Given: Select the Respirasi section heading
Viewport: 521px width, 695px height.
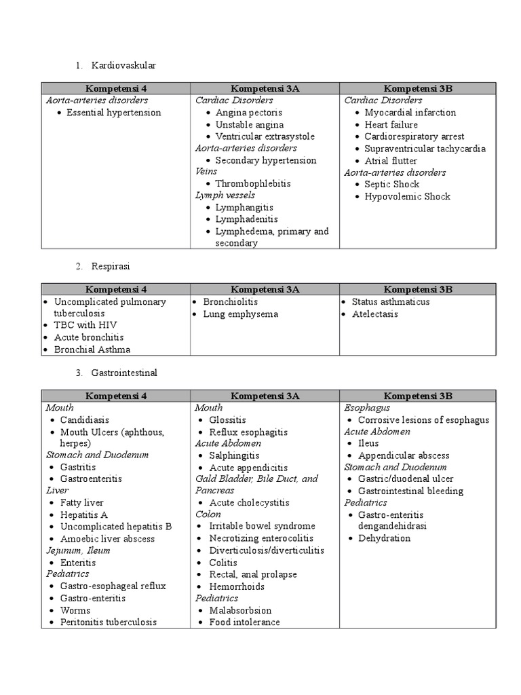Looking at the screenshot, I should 109,266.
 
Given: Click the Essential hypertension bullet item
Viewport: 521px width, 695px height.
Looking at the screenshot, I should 113,113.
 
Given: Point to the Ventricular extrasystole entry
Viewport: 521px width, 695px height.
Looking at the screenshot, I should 265,136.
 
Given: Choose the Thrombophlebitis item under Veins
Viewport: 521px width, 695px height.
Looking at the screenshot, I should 252,184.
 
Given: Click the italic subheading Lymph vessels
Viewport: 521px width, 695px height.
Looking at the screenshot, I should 225,195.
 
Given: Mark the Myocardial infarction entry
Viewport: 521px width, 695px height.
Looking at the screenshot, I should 410,113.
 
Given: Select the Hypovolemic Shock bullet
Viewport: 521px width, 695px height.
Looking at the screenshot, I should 407,196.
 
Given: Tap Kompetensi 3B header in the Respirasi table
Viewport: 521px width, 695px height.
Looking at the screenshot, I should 418,289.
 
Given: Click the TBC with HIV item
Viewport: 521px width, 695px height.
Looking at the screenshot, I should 84,325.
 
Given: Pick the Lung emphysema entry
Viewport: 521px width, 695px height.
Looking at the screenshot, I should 240,314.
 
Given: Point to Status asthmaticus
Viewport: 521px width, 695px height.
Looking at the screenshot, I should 390,302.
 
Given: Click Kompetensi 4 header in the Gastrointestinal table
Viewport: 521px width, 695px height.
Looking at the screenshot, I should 115,396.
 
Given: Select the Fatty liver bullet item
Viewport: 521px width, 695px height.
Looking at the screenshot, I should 81,503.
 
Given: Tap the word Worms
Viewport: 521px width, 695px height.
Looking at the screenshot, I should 75,610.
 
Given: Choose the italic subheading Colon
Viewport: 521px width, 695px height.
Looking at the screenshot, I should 208,514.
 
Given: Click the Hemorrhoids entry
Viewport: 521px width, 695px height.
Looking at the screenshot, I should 237,586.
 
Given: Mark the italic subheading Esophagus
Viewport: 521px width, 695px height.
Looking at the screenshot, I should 367,408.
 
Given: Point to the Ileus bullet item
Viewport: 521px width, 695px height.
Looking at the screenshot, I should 368,443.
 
